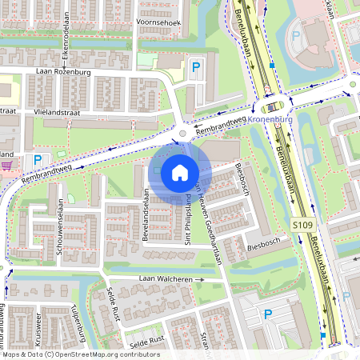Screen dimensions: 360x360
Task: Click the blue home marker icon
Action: point(180,173)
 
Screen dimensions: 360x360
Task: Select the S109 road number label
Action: point(303,226)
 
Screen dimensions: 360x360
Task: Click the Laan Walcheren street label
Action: point(166,278)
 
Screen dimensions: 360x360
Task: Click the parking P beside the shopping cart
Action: point(38,160)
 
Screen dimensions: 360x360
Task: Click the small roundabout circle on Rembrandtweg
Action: point(183,134)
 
